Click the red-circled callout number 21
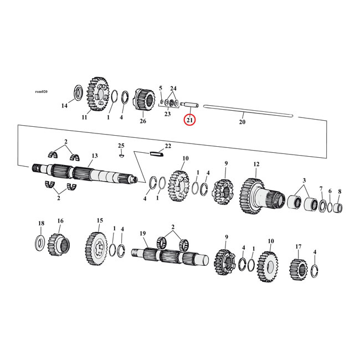(x=190, y=120)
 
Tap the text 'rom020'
(x=41, y=91)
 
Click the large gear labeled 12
(x=253, y=196)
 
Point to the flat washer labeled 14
(x=78, y=91)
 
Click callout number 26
(x=143, y=121)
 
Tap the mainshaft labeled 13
(x=83, y=173)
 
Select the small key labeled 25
(x=122, y=157)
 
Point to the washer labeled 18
(x=41, y=241)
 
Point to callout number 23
(x=168, y=114)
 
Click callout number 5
(x=161, y=88)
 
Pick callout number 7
(x=321, y=190)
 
